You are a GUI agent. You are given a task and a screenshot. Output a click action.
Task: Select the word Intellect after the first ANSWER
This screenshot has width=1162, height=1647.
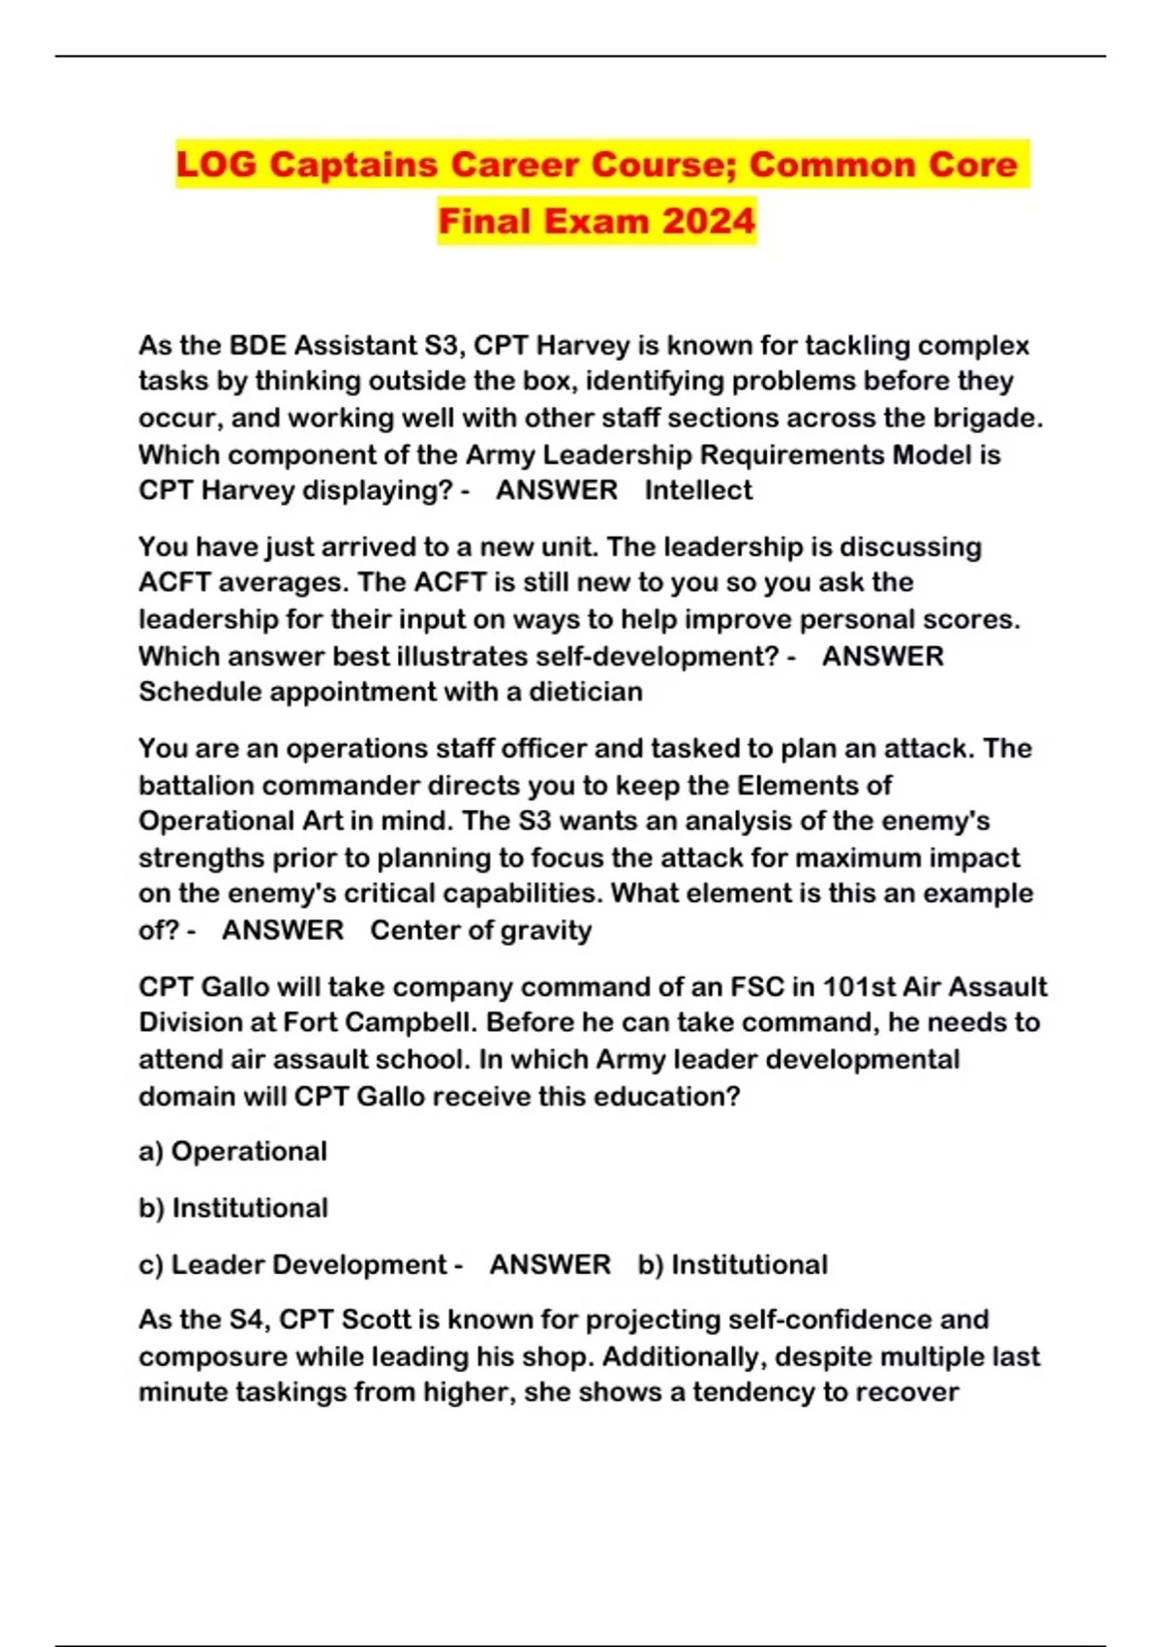[698, 490]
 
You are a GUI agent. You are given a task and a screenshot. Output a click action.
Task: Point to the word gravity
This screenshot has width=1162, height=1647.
[547, 930]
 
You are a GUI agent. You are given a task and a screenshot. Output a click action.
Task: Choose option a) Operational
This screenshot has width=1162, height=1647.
[232, 1151]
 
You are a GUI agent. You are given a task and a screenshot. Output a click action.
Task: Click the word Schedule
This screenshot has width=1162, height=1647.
[199, 692]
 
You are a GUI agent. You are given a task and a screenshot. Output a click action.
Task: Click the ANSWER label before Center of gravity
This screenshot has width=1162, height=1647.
[283, 930]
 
